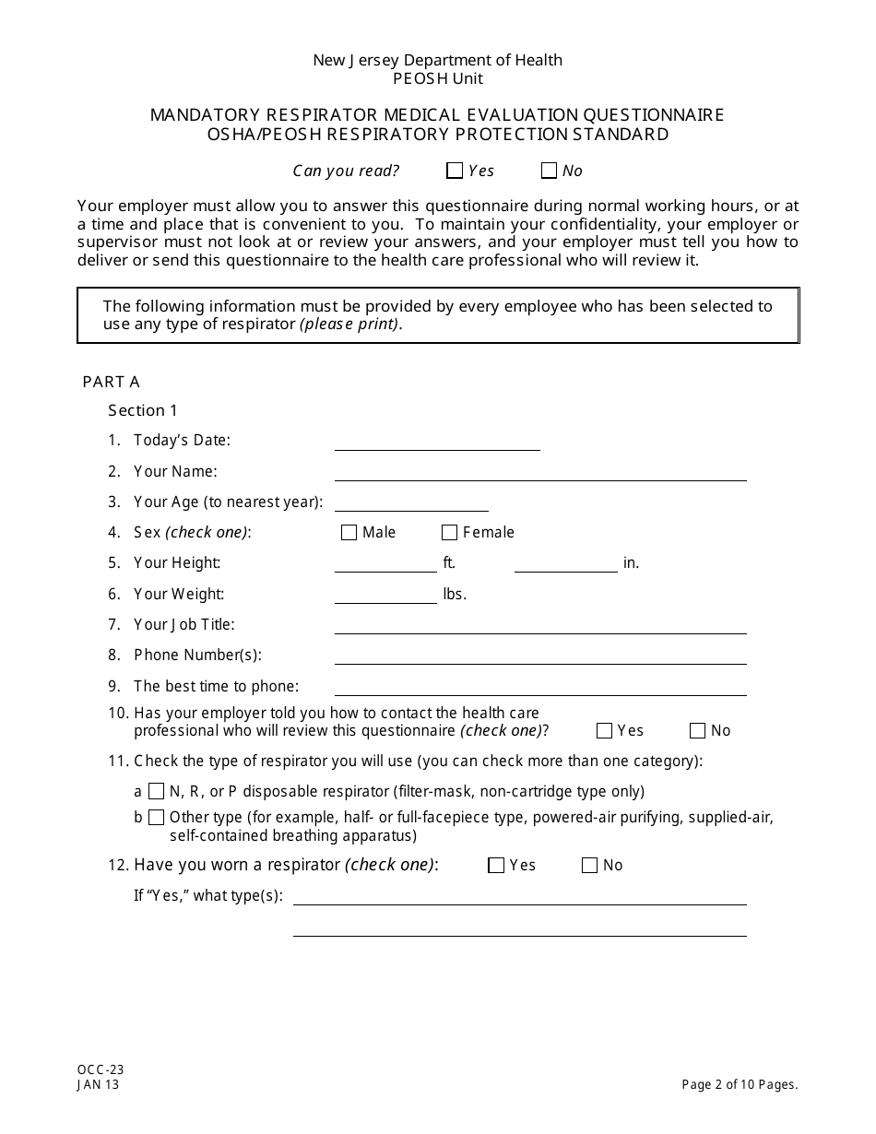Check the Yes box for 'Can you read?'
[x=454, y=171]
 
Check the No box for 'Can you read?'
[x=549, y=171]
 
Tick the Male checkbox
[x=349, y=533]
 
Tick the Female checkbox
[x=449, y=533]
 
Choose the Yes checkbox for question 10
[x=604, y=731]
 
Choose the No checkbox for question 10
[x=697, y=731]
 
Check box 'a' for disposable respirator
[x=157, y=791]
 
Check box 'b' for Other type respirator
[x=157, y=818]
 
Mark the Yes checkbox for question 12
[x=496, y=866]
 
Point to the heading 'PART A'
[x=111, y=382]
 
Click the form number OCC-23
[x=101, y=1070]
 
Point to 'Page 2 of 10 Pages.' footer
[x=740, y=1085]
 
